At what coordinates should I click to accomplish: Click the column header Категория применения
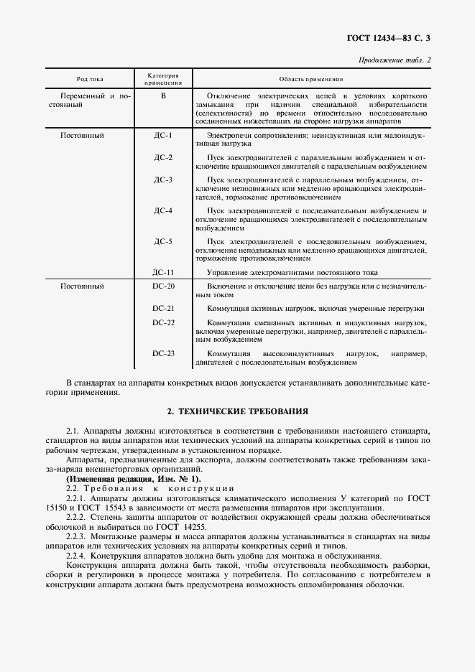(x=163, y=79)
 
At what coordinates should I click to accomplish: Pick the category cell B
(x=163, y=95)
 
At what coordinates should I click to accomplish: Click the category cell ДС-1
(x=163, y=135)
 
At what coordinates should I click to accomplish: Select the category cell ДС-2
(x=163, y=157)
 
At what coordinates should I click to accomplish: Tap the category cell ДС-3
(x=163, y=179)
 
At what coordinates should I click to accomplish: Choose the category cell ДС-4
(x=163, y=210)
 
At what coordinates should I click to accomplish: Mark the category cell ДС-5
(x=163, y=242)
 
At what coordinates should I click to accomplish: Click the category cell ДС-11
(x=163, y=273)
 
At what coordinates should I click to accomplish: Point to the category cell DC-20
(x=163, y=286)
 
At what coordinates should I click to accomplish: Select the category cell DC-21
(x=163, y=308)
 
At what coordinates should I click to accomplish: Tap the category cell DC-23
(x=163, y=353)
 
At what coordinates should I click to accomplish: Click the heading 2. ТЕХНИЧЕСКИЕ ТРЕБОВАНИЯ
(x=237, y=412)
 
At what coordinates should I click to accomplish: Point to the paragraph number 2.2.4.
(x=75, y=555)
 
